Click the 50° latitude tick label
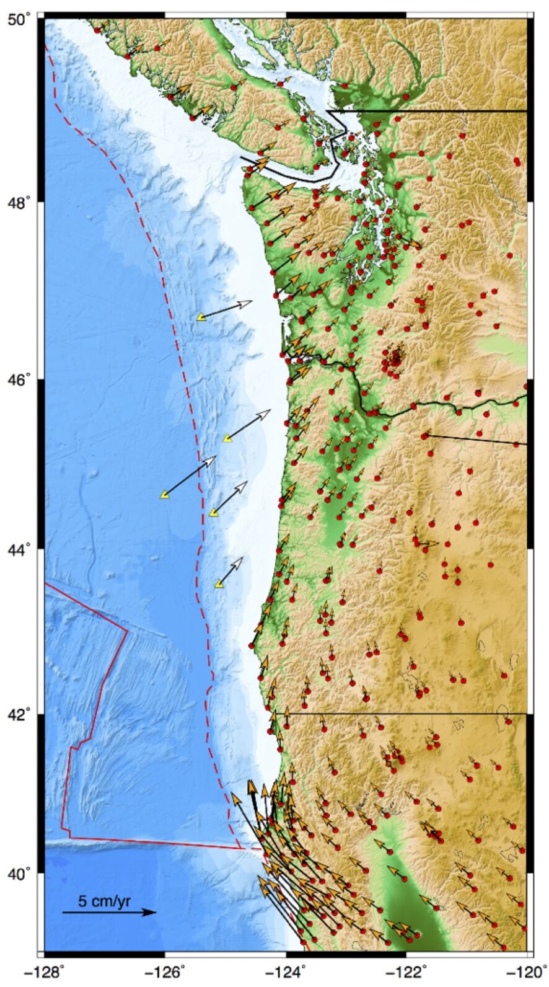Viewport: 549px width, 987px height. tap(21, 19)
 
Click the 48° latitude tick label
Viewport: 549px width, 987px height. tap(21, 203)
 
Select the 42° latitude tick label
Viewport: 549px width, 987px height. tap(21, 714)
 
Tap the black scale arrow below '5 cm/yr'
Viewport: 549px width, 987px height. tap(109, 912)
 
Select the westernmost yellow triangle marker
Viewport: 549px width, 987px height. tap(164, 494)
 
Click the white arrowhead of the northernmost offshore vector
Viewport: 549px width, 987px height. tap(248, 303)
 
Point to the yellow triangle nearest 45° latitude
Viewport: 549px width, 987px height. tap(227, 438)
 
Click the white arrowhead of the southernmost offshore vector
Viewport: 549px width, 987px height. tap(239, 560)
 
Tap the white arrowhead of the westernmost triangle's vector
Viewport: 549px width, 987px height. tap(213, 459)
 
